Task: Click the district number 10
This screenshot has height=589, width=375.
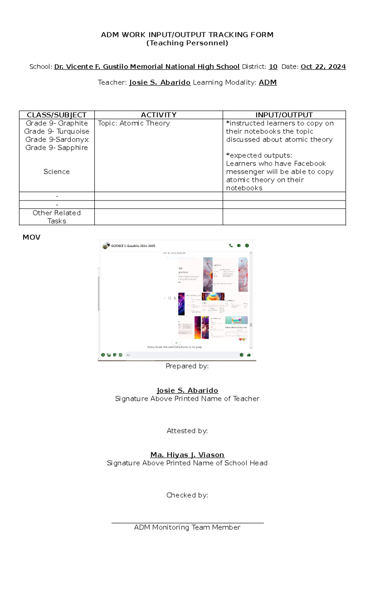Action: (273, 67)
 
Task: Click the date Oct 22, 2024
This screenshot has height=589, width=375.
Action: (323, 67)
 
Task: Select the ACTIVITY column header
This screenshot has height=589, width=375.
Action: (158, 115)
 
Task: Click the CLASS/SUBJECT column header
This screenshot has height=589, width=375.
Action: (57, 115)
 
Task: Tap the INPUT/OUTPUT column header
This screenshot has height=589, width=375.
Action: (284, 115)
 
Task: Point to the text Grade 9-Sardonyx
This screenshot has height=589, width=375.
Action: (57, 140)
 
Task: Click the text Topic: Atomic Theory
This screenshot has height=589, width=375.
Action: (134, 123)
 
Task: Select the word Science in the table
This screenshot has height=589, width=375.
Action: (57, 172)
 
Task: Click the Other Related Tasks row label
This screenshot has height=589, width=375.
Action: (57, 217)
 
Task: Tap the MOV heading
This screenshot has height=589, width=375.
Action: (31, 237)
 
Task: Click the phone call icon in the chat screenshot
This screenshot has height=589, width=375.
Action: (231, 246)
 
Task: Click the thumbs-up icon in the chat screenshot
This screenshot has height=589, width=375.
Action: (249, 355)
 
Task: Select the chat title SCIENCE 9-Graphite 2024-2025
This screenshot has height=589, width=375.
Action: (133, 246)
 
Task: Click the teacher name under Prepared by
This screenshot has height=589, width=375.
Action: (187, 390)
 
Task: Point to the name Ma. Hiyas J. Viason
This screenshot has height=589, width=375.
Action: (187, 455)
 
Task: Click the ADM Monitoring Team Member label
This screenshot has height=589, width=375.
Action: (187, 527)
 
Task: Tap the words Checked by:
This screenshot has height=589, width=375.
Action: (187, 495)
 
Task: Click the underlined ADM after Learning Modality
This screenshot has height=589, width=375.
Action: (267, 82)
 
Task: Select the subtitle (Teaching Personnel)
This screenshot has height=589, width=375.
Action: (187, 43)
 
